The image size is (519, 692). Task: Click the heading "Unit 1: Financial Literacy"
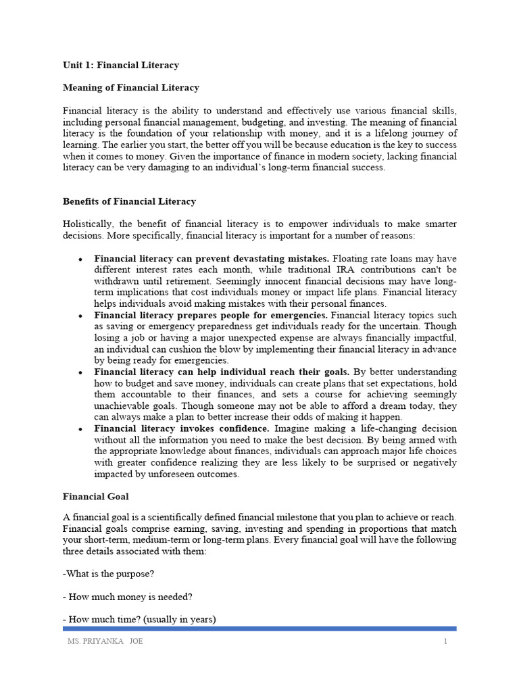coord(121,66)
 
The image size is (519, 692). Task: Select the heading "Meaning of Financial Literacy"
coord(131,88)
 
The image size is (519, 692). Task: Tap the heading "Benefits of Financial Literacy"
coord(129,201)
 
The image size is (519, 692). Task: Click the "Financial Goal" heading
coord(96,497)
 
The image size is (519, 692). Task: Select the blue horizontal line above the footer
coord(259,628)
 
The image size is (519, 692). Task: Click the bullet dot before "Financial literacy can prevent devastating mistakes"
coord(80,259)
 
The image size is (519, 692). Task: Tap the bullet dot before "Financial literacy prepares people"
coord(80,316)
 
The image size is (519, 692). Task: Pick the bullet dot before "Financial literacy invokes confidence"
coord(80,429)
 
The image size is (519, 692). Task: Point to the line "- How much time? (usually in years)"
coord(139,619)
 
